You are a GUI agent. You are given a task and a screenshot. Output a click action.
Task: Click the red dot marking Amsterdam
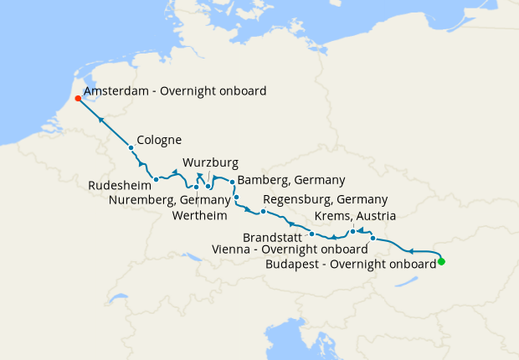[77, 98]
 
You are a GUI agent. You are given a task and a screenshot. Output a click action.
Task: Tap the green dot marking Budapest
[441, 262]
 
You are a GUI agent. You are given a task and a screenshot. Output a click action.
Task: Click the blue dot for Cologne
[131, 148]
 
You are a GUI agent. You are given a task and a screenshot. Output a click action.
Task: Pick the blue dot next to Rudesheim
[157, 179]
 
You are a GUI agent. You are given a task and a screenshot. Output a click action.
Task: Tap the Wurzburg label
[210, 162]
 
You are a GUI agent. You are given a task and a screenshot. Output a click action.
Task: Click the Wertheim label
[199, 215]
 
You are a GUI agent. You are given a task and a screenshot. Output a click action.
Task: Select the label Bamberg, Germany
[291, 180]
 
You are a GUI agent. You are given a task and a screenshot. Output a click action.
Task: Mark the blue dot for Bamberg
[232, 182]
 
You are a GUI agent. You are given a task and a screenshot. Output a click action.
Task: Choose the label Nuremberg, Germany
[169, 200]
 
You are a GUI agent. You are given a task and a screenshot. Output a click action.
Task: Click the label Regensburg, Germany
[325, 200]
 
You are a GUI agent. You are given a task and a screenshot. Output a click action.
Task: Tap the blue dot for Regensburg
[263, 211]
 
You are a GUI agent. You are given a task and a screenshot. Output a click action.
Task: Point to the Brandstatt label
[273, 236]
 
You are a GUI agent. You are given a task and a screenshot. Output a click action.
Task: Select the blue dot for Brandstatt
[311, 234]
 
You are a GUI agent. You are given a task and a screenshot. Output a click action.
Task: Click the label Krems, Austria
[354, 216]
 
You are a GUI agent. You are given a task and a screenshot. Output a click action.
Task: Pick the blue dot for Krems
[352, 231]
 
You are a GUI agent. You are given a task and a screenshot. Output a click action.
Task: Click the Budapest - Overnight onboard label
[350, 264]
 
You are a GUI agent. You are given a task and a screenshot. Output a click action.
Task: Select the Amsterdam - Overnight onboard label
[175, 90]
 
